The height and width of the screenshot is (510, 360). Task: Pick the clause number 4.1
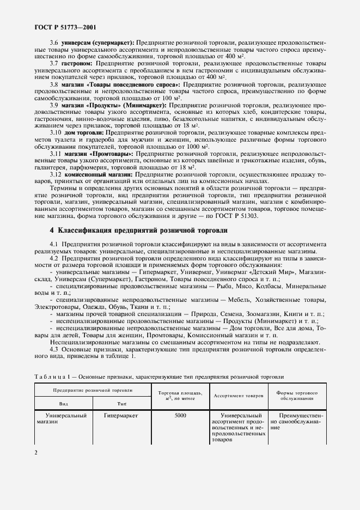(54, 244)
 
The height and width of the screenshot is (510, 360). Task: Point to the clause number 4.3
(54, 349)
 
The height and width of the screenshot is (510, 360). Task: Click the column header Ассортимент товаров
(239, 396)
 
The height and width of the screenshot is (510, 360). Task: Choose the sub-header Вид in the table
(63, 404)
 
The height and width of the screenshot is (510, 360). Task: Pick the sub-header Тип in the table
(122, 404)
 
